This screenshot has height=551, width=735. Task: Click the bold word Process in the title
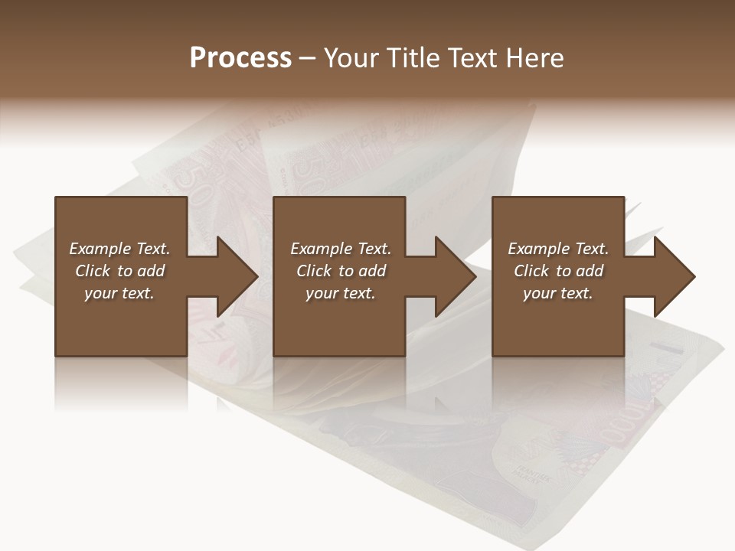point(240,58)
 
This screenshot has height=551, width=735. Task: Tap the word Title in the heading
point(414,58)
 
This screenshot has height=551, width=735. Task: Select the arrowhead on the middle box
point(451,276)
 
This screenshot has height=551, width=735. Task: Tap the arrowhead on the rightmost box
point(670,276)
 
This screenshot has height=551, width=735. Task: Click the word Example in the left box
point(100,249)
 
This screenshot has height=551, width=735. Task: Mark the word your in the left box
point(100,293)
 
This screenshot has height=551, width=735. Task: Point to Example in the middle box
point(321,249)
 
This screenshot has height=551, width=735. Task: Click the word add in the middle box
point(372,271)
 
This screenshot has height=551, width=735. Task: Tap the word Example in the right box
point(538,249)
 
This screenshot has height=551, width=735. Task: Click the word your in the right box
point(539,293)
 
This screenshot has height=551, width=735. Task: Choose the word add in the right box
point(590,271)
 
